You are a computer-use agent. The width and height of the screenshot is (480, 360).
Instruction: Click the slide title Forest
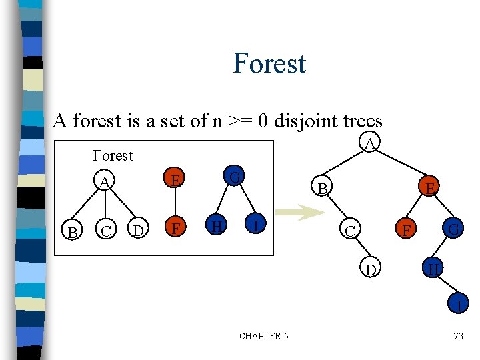click(x=269, y=63)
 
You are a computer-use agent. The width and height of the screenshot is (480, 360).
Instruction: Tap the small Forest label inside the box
click(x=113, y=155)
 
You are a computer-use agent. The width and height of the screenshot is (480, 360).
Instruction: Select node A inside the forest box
click(x=104, y=181)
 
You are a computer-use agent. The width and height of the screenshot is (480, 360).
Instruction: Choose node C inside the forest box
click(x=104, y=231)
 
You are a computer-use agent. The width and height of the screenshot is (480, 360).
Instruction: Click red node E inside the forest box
click(x=175, y=180)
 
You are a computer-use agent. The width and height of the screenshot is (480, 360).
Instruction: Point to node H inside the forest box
click(x=214, y=227)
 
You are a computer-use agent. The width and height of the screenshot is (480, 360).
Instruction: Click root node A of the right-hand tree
click(x=371, y=143)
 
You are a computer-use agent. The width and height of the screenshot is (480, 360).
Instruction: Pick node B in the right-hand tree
click(x=323, y=189)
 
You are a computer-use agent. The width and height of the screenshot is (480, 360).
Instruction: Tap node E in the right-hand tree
click(x=431, y=189)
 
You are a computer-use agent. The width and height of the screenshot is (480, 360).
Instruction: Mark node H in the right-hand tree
click(x=433, y=269)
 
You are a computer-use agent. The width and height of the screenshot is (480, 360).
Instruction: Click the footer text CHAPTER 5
click(x=263, y=336)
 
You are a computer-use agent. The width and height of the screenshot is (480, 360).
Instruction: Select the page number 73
click(x=458, y=336)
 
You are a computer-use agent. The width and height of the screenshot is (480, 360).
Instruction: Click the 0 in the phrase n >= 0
click(x=264, y=121)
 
